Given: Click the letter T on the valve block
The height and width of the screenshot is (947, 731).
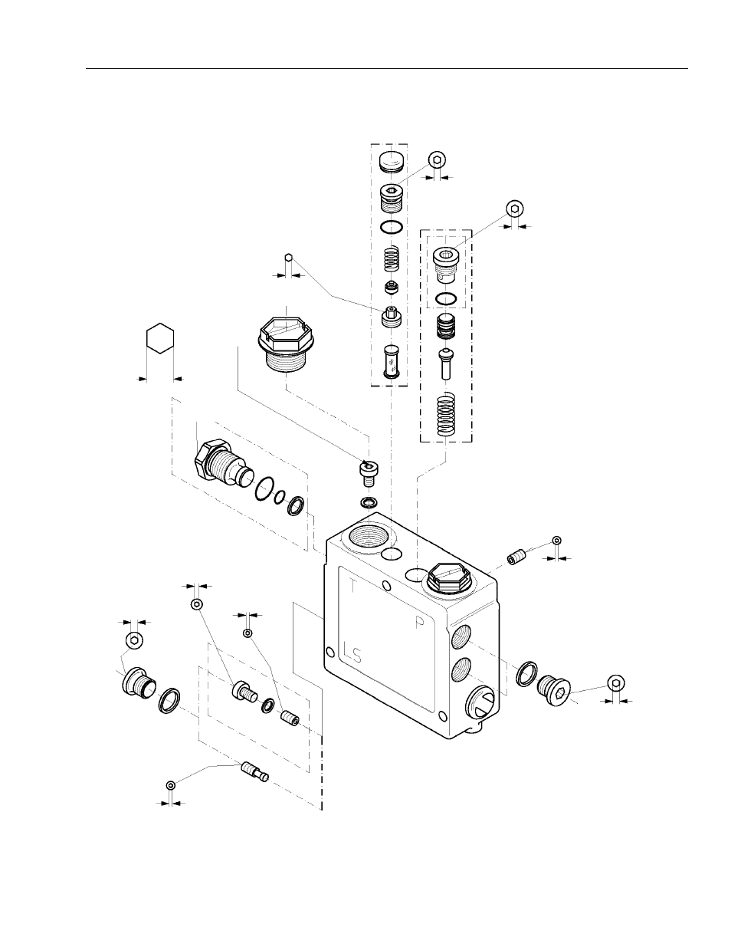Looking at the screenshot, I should click(352, 587).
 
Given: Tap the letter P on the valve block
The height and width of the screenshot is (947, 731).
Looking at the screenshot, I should click(420, 623).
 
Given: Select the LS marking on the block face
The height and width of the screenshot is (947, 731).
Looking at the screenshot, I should click(353, 653).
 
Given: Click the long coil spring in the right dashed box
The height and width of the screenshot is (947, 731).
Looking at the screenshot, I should click(445, 415).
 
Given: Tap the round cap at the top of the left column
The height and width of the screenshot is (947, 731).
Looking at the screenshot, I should click(391, 163).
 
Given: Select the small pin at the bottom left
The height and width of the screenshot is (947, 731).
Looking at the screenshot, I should click(254, 770).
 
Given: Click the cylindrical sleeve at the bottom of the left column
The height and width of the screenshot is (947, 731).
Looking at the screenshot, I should click(391, 360).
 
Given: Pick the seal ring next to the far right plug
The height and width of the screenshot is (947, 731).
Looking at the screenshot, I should click(526, 672).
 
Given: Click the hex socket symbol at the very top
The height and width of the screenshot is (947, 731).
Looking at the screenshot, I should click(436, 159).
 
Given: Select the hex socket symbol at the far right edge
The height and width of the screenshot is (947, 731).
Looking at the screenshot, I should click(616, 683).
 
